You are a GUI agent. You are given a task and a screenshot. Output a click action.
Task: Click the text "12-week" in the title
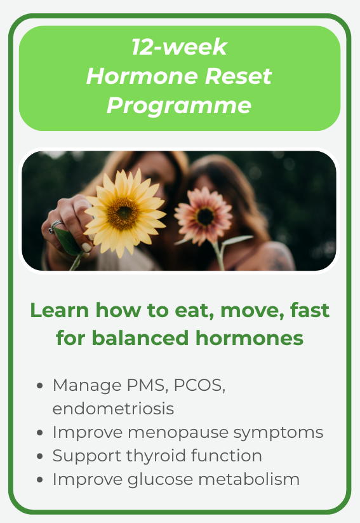tap(179, 47)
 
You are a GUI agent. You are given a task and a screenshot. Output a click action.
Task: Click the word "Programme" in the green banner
tap(179, 105)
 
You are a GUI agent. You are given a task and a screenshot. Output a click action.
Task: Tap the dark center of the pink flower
tap(205, 216)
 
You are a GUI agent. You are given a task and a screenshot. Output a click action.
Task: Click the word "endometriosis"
tap(113, 409)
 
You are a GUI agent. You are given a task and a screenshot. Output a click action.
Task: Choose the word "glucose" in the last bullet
tap(159, 480)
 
